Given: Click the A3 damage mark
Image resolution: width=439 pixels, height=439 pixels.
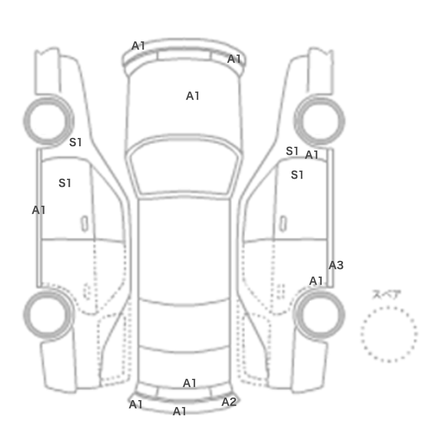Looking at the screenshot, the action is click(x=336, y=265).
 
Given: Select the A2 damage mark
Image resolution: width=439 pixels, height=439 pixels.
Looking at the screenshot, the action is click(x=229, y=402).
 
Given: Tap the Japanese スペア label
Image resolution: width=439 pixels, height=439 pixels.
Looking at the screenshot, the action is click(x=386, y=295).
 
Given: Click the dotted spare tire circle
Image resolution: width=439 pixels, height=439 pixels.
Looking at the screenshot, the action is click(x=389, y=307).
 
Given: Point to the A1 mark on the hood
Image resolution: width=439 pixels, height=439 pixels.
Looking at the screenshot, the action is click(x=193, y=96).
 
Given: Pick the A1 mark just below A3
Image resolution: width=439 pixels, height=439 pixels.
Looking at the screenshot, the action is click(x=316, y=281).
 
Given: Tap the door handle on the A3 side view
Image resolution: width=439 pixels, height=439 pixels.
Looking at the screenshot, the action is click(x=283, y=224).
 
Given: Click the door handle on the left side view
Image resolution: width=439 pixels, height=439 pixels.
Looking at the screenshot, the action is click(x=84, y=224).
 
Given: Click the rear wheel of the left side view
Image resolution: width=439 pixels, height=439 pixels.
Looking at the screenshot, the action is click(x=25, y=315).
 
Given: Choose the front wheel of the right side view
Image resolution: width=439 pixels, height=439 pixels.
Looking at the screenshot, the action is click(x=343, y=121).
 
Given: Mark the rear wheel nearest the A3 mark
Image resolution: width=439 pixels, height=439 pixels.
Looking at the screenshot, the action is click(x=343, y=315).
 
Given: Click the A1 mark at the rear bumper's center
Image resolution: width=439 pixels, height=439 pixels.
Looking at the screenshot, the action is click(x=179, y=411).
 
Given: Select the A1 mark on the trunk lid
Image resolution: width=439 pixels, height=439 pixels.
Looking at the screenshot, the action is click(x=189, y=383).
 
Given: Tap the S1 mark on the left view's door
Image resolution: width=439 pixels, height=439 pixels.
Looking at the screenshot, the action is click(x=65, y=183).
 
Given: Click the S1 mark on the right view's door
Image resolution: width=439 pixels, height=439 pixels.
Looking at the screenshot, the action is click(x=297, y=175).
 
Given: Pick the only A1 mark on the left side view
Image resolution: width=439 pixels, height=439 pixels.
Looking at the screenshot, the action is click(x=39, y=210).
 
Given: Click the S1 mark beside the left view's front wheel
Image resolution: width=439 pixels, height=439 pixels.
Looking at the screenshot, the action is click(x=75, y=142).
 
